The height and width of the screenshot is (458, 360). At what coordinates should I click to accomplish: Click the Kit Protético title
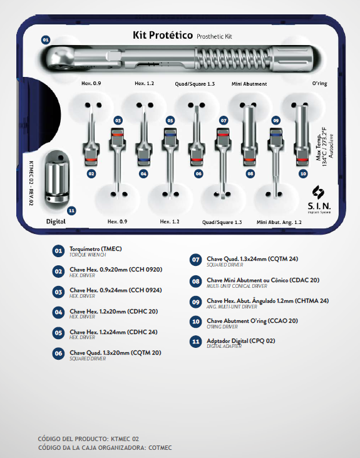(163, 35)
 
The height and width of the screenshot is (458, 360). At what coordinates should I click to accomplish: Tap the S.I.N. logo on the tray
(319, 200)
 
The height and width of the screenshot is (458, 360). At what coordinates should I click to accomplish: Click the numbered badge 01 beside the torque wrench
(46, 39)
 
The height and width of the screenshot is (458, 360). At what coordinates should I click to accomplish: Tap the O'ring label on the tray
(319, 84)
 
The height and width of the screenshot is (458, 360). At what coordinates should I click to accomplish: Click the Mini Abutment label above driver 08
(249, 84)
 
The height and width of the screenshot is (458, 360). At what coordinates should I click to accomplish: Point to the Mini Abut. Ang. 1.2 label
(279, 222)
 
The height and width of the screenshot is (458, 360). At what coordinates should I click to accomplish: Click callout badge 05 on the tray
(170, 120)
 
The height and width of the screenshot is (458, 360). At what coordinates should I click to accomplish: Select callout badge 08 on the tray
(250, 174)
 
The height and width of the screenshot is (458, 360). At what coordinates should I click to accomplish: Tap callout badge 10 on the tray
(303, 174)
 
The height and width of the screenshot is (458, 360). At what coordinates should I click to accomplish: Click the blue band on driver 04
(143, 160)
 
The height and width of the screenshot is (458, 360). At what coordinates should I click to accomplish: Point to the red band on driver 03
(118, 135)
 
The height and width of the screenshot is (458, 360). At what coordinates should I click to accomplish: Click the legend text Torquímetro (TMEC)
(96, 249)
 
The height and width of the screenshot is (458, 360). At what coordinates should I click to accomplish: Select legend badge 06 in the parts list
(58, 354)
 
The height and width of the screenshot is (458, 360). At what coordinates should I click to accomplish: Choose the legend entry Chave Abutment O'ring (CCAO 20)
(252, 321)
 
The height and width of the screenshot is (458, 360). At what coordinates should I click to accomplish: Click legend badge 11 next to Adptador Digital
(195, 342)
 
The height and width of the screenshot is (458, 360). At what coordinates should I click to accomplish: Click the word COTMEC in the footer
(160, 448)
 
